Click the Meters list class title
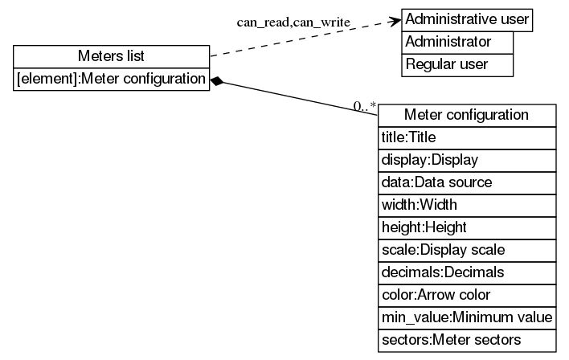pos(112,56)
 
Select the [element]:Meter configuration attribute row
pos(112,79)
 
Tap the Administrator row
pos(456,41)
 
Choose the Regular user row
pos(456,64)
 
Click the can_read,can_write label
pos(293,22)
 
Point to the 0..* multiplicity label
pos(365,105)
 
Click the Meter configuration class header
pos(466,115)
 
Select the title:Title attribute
pos(466,137)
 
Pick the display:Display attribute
pos(466,160)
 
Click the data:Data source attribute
pos(466,182)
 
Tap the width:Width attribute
pos(466,205)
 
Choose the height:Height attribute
pos(466,227)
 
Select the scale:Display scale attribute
pos(466,250)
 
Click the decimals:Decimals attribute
pos(466,272)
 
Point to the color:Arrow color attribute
pos(466,295)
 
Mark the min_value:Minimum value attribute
pos(466,317)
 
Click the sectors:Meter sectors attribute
pos(466,340)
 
